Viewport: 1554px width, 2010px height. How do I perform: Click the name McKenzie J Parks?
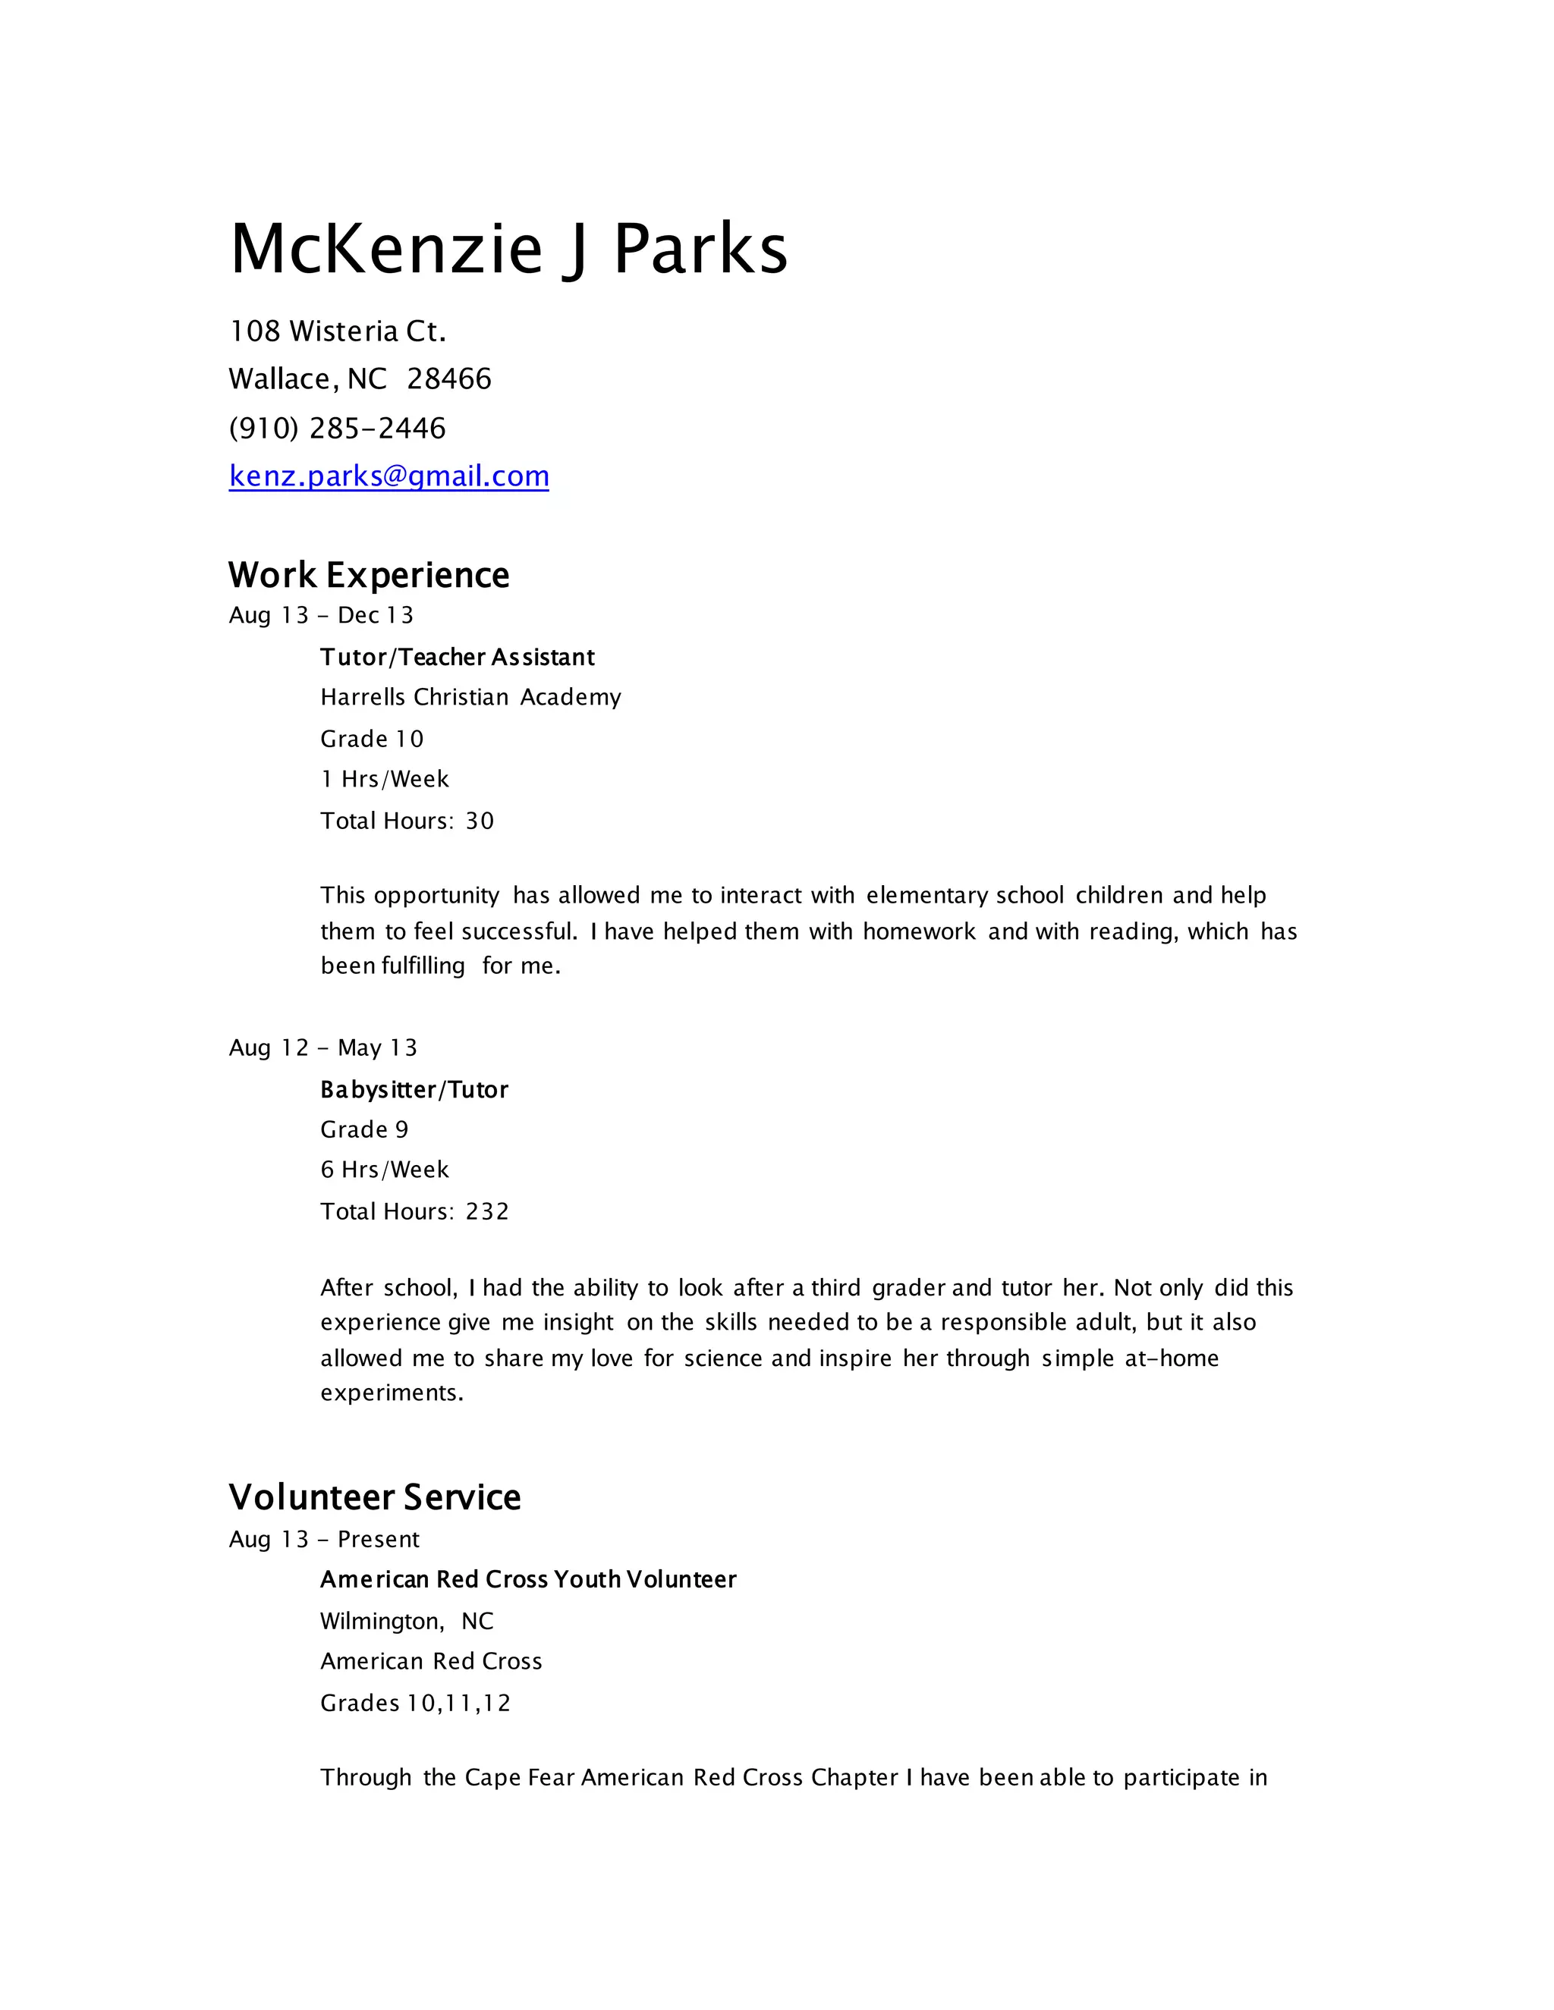(508, 249)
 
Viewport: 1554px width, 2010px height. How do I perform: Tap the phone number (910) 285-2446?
(337, 428)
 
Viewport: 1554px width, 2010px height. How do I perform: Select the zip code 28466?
(449, 379)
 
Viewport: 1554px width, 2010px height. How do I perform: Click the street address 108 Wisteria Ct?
(337, 331)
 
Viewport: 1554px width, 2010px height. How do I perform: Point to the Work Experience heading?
(368, 575)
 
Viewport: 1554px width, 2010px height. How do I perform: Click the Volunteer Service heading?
(374, 1497)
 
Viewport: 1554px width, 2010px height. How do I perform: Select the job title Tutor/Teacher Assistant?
(458, 657)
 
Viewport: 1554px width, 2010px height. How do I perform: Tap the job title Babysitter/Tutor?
(414, 1090)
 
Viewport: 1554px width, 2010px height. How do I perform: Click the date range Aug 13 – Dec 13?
(321, 615)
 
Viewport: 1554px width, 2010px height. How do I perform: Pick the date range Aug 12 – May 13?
(323, 1047)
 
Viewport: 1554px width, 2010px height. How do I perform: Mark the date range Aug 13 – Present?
(324, 1539)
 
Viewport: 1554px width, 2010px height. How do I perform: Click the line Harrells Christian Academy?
(470, 698)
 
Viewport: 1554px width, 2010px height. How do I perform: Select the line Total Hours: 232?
(414, 1211)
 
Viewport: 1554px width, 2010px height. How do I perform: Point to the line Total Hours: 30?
(407, 821)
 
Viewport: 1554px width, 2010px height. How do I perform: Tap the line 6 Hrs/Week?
(385, 1170)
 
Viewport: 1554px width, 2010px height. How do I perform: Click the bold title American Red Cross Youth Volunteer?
(528, 1579)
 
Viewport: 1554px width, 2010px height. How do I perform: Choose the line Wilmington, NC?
(407, 1621)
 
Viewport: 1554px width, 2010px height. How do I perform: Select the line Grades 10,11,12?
(415, 1703)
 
